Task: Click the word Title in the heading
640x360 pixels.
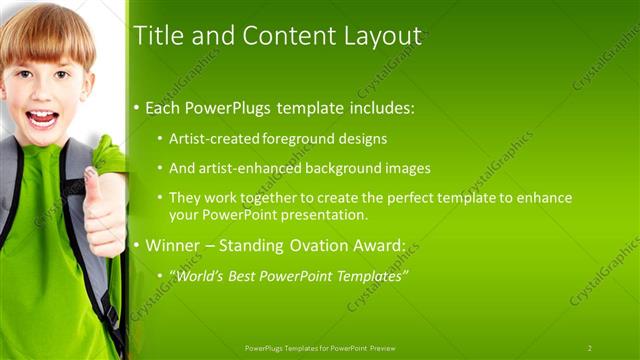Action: click(x=155, y=36)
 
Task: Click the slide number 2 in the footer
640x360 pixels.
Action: click(x=589, y=348)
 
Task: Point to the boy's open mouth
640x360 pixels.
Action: click(x=41, y=118)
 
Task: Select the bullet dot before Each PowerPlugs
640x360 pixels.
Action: click(x=137, y=108)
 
